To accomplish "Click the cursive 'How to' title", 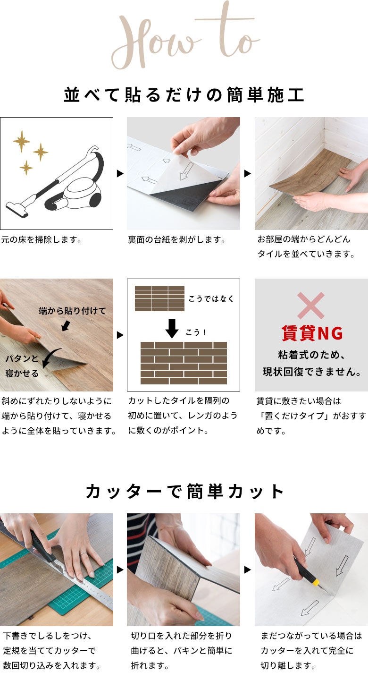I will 184,38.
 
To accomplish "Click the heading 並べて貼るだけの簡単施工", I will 184,94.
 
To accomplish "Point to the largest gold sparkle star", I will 21,141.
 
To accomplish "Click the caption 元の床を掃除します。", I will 42,240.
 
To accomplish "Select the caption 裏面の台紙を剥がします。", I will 176,240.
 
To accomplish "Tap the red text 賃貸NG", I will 311,333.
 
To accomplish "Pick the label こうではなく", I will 211,298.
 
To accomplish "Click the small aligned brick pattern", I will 159,298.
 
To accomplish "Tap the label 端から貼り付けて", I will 72,311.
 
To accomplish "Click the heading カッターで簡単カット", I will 184,492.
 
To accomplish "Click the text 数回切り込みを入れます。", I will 52,666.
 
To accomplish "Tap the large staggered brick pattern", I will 184,363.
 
